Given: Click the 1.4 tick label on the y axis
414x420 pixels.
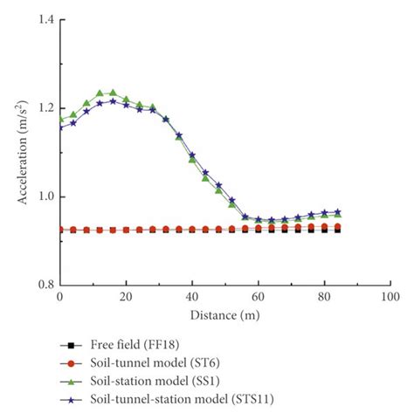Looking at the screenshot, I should click(43, 19).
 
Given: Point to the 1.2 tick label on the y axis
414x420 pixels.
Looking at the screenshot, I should click(43, 108).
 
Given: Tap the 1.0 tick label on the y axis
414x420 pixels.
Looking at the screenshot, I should click(43, 196).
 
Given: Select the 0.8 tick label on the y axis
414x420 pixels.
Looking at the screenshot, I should click(43, 285).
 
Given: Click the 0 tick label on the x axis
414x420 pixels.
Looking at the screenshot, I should click(59, 298).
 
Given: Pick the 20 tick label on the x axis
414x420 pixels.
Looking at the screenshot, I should click(126, 298).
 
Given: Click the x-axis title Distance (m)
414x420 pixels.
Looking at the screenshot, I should click(224, 313).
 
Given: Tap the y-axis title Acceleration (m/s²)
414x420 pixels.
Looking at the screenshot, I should click(22, 152).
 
